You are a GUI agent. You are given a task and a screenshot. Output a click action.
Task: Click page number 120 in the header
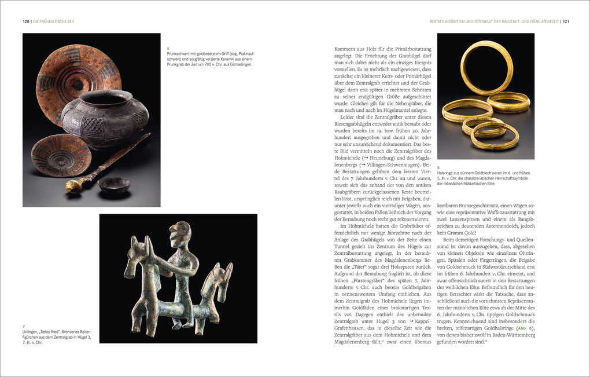[26, 21]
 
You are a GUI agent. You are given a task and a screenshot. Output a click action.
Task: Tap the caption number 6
[167, 48]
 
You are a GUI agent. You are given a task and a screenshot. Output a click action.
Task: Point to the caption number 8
[439, 167]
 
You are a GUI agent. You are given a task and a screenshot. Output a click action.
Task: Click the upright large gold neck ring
[486, 67]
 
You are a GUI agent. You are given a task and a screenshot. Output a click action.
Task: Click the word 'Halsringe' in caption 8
[448, 173]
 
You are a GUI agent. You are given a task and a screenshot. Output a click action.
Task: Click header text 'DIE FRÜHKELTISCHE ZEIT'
[54, 21]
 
